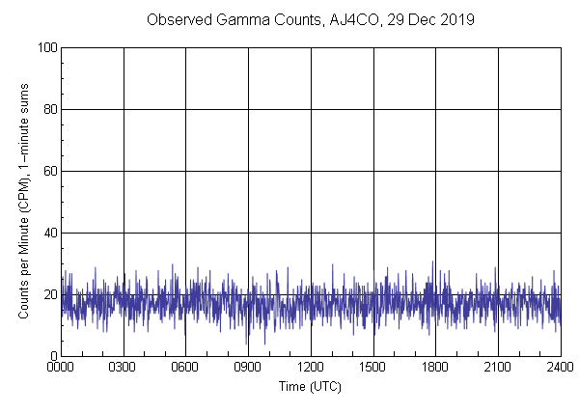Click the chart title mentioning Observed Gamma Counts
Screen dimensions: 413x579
tap(310, 19)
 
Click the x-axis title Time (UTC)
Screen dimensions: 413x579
tap(310, 386)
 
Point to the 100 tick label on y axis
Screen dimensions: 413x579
tap(46, 47)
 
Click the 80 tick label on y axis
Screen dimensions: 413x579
tap(49, 109)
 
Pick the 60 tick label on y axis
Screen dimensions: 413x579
tap(49, 171)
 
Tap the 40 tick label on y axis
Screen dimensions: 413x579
tap(49, 233)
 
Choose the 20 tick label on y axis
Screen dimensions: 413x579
tap(49, 294)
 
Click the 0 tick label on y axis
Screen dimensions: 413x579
tap(52, 356)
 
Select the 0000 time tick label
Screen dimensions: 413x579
tap(61, 369)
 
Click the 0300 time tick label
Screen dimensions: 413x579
tap(124, 369)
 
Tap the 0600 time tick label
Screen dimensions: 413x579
tap(186, 369)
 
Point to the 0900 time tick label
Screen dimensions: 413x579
tap(248, 369)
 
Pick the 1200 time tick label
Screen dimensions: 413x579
tap(311, 369)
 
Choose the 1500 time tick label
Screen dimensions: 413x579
tap(373, 369)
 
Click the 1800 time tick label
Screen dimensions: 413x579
tap(435, 369)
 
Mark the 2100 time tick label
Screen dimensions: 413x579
tap(498, 369)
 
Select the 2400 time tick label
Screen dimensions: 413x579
tap(559, 369)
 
